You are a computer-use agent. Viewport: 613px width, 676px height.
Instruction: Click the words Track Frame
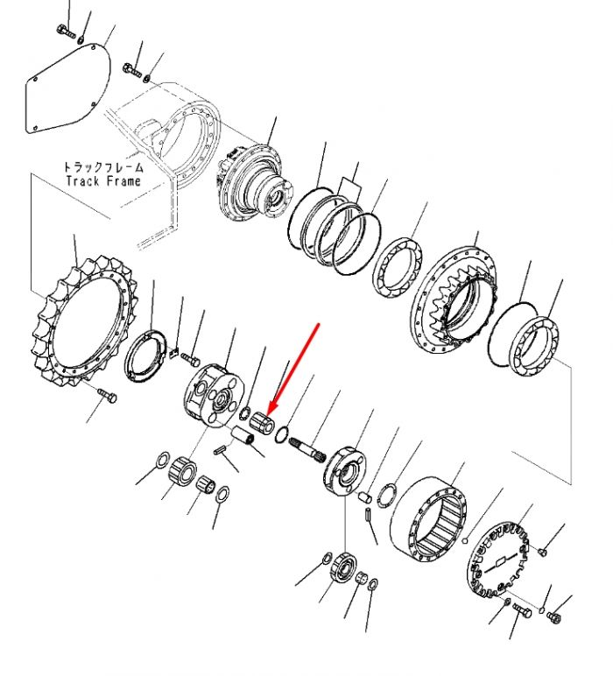click(103, 180)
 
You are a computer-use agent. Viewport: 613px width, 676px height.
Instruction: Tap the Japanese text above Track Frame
click(103, 167)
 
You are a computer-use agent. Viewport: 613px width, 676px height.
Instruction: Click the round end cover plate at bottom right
click(499, 560)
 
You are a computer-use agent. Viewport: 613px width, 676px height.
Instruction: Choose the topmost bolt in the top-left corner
click(66, 31)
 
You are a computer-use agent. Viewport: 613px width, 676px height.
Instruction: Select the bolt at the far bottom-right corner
click(554, 617)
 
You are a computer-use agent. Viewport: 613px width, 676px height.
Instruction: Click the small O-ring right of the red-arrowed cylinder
click(281, 434)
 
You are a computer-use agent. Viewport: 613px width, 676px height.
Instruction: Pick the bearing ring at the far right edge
click(534, 346)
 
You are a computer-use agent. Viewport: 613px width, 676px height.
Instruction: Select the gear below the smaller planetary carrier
click(343, 566)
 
